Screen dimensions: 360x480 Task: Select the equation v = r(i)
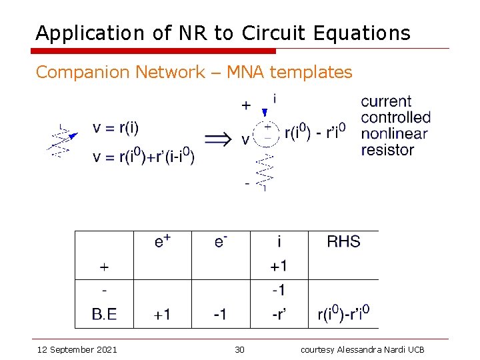tap(116, 128)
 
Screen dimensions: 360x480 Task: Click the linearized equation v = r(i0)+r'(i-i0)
tap(143, 157)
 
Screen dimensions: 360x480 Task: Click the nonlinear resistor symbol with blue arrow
tap(62, 141)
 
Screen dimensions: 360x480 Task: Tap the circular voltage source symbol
tap(267, 131)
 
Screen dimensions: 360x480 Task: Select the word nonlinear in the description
tap(394, 134)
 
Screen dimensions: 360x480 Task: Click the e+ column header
tap(162, 241)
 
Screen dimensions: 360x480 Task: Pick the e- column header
tap(221, 241)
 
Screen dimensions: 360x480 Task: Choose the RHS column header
tap(343, 241)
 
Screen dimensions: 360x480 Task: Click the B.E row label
tap(103, 314)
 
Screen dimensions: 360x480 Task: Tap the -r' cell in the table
tap(279, 314)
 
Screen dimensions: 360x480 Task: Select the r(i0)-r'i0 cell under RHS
tap(343, 313)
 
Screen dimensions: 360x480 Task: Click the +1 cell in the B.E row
tap(162, 314)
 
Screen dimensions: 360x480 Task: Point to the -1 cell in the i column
tap(279, 290)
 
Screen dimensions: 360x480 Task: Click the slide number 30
tap(240, 350)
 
